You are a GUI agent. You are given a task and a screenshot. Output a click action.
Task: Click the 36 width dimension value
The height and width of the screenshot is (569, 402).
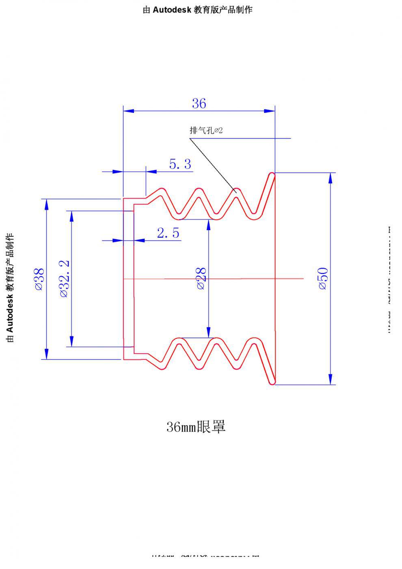199,104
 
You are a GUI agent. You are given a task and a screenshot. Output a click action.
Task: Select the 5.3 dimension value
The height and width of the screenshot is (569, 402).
180,164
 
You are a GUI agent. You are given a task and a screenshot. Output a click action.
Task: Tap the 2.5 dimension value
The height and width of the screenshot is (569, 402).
168,233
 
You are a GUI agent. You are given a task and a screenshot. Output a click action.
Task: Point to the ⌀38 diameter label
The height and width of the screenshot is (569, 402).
39,279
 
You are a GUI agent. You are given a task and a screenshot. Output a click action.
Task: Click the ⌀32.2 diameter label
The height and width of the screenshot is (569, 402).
65,279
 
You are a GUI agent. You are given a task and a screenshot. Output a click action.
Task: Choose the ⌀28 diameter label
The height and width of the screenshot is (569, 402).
201,279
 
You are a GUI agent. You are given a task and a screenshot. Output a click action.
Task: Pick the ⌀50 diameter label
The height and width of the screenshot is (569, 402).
323,279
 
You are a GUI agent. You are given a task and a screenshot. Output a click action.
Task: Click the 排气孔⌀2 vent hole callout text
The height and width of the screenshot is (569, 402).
206,130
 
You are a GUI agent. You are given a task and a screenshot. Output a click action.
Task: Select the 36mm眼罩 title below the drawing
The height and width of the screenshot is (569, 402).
196,427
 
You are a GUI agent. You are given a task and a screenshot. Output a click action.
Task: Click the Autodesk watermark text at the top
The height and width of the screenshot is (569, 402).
197,10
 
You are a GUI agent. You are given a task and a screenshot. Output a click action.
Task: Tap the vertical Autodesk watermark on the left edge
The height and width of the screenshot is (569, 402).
10,287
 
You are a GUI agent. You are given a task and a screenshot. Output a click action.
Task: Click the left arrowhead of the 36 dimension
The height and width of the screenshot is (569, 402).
128,110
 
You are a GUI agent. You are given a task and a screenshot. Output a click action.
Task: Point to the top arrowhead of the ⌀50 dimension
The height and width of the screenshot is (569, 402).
331,178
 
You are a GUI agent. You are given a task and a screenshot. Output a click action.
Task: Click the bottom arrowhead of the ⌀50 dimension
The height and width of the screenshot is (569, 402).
331,379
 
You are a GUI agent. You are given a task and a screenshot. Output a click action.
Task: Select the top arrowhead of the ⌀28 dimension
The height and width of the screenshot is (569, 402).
208,224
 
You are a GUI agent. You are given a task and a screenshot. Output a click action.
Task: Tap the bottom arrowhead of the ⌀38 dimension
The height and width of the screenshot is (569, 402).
47,354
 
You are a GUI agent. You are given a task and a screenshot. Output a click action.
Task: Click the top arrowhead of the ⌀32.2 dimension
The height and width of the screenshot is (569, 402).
72,216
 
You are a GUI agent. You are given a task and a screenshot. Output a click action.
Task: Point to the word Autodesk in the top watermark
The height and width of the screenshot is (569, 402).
172,10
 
